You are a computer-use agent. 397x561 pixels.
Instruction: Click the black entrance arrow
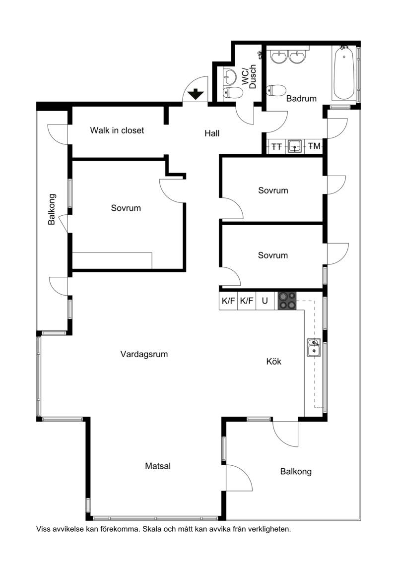196,94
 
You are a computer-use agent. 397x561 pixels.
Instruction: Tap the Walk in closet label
117,130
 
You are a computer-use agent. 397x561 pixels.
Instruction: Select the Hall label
212,133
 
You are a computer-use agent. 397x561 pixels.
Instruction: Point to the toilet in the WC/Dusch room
232,93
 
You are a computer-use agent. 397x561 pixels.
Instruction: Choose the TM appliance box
314,146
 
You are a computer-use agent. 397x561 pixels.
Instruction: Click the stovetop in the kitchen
287,301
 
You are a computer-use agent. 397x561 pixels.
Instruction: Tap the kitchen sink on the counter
314,347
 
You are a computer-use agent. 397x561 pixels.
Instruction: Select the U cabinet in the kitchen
265,301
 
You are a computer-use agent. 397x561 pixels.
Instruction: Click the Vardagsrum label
144,354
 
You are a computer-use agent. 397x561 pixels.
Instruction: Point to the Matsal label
158,466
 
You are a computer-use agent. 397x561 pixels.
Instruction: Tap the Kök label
274,362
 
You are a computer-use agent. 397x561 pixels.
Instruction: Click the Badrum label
301,98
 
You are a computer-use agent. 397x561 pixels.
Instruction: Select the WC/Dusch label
249,76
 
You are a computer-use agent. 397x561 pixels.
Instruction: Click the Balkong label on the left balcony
52,209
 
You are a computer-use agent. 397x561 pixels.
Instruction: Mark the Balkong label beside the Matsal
296,472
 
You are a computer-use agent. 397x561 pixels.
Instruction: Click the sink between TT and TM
295,147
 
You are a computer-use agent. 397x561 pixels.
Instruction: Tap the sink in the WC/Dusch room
229,76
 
